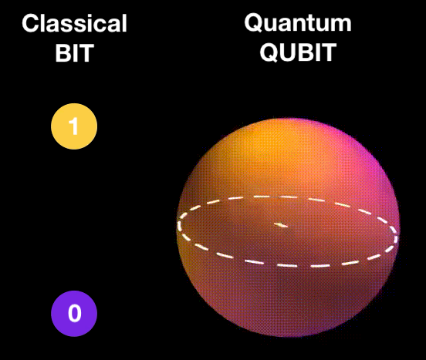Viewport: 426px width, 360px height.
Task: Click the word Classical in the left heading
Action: [74, 24]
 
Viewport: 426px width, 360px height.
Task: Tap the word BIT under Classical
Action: [74, 56]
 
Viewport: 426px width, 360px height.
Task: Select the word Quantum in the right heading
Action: [298, 23]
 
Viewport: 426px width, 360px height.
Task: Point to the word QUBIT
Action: [298, 55]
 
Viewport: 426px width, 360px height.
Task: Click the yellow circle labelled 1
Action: [74, 126]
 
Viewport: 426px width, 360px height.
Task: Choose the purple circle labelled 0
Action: [74, 313]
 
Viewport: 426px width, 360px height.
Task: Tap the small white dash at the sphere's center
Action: [281, 225]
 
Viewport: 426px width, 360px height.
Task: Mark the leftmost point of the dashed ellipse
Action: [179, 226]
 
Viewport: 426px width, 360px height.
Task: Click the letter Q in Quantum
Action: [254, 23]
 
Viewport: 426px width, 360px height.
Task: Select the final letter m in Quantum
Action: [340, 24]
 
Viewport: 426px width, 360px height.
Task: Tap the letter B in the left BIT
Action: [63, 56]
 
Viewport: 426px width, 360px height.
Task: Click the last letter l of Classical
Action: [124, 24]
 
